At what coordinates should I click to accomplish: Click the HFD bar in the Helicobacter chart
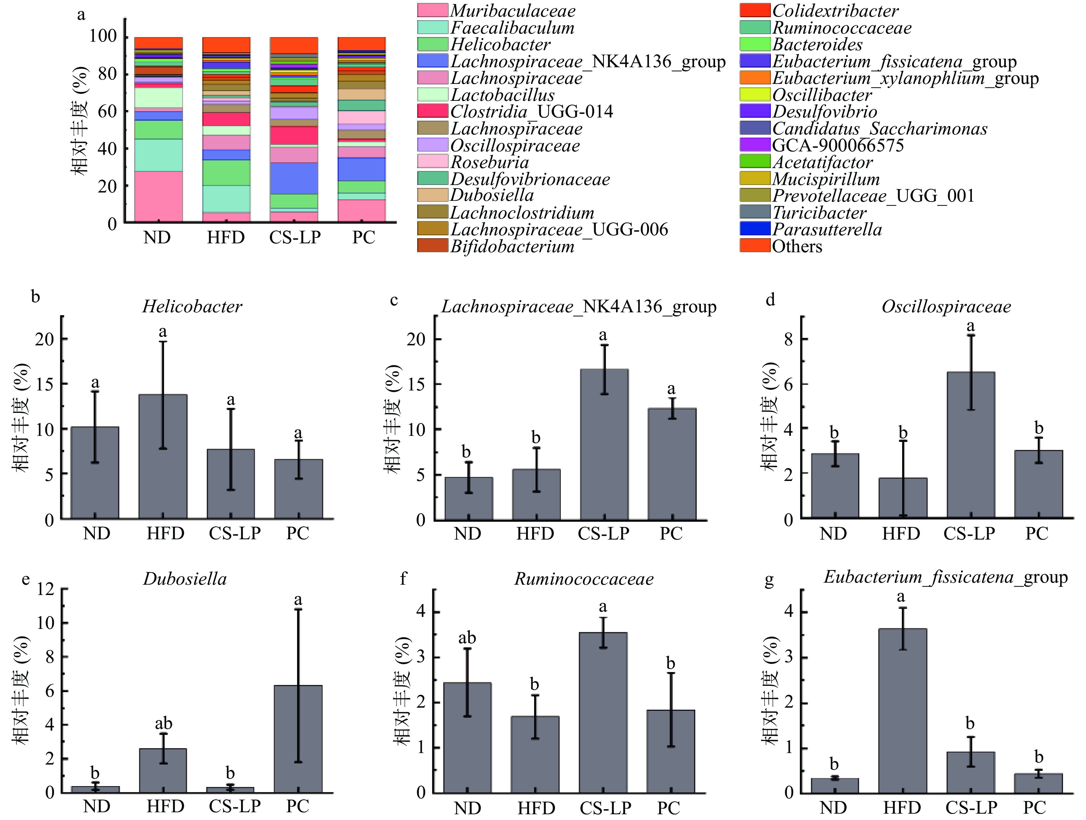pos(163,456)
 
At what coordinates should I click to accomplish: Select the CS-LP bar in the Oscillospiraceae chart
pos(971,444)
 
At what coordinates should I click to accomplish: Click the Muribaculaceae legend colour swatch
pos(433,10)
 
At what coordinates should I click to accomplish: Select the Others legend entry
pos(796,246)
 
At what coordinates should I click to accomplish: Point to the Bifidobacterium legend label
pos(512,246)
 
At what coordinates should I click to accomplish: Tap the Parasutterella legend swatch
pos(755,229)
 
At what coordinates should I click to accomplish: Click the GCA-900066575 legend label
pos(837,145)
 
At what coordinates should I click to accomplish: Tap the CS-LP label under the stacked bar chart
pos(294,237)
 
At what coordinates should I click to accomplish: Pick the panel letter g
pos(769,580)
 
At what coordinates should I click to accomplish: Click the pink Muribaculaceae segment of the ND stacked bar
pos(158,197)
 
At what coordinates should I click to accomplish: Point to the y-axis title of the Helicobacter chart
pos(21,417)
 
